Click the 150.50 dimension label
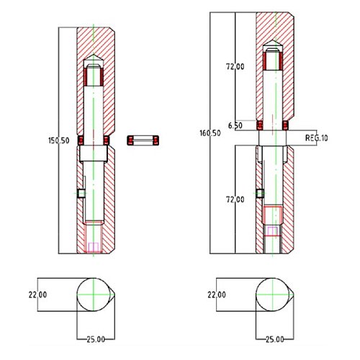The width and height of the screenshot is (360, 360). click(59, 140)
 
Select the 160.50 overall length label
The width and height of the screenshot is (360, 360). click(210, 133)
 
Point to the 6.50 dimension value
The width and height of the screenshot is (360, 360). click(235, 125)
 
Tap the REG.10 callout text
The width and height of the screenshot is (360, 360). click(316, 138)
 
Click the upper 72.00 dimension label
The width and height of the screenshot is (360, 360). click(235, 66)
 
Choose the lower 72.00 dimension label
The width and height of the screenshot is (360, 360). click(235, 199)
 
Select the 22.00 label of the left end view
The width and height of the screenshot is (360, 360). click(37, 294)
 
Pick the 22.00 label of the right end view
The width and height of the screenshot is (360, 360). click(217, 294)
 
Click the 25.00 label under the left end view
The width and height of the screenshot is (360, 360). click(96, 339)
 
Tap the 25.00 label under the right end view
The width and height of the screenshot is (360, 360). click(275, 339)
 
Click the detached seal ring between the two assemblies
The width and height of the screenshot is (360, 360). click(143, 140)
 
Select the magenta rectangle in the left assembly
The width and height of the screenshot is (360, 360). click(93, 247)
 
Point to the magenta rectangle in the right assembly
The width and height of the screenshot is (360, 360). click(272, 231)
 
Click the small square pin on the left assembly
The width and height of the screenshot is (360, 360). click(81, 193)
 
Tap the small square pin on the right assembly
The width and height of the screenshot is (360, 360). click(260, 193)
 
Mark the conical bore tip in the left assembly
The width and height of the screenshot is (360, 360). click(94, 55)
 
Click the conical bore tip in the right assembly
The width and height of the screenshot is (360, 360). click(272, 40)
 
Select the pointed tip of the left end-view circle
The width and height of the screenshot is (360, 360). click(114, 294)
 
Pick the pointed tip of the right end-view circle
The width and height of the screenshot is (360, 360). click(294, 294)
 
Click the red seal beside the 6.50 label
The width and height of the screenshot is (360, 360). click(260, 125)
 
